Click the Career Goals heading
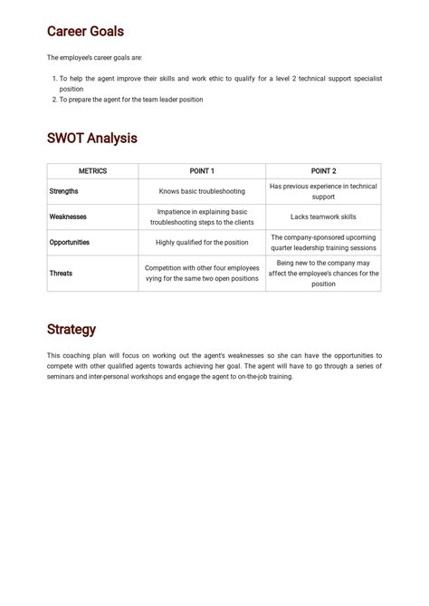pyautogui.click(x=85, y=32)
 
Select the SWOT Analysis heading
pyautogui.click(x=91, y=139)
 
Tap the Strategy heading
pyautogui.click(x=71, y=330)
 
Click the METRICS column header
pyautogui.click(x=92, y=171)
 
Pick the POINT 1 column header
pyautogui.click(x=202, y=171)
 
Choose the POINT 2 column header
pyautogui.click(x=323, y=171)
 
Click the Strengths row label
pyautogui.click(x=63, y=191)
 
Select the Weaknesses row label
pyautogui.click(x=68, y=216)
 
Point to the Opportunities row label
pyautogui.click(x=70, y=243)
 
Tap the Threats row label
pyautogui.click(x=61, y=273)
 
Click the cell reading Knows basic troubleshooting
pyautogui.click(x=202, y=191)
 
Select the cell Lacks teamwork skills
pyautogui.click(x=323, y=216)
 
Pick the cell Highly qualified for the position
pyautogui.click(x=202, y=243)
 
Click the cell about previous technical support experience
pyautogui.click(x=323, y=191)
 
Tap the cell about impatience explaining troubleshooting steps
pyautogui.click(x=202, y=216)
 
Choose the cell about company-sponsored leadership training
pyautogui.click(x=323, y=243)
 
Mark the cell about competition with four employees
pyautogui.click(x=202, y=273)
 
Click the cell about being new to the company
pyautogui.click(x=323, y=273)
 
